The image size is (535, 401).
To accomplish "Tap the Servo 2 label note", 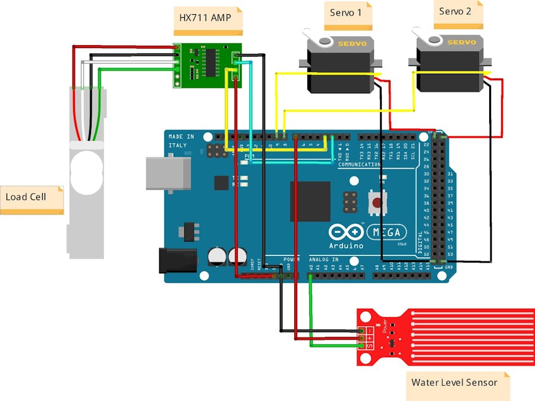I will (x=457, y=12).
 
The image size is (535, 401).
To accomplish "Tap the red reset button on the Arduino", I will (x=376, y=203).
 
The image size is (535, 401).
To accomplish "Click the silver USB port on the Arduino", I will (x=168, y=173).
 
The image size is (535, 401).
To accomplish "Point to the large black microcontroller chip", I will (x=310, y=201).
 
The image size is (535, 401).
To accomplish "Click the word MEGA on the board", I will (x=388, y=232).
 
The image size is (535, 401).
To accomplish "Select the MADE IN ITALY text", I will (x=181, y=141).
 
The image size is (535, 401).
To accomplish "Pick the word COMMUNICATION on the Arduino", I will (x=358, y=165).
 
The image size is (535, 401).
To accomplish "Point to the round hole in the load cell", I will (x=86, y=172).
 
